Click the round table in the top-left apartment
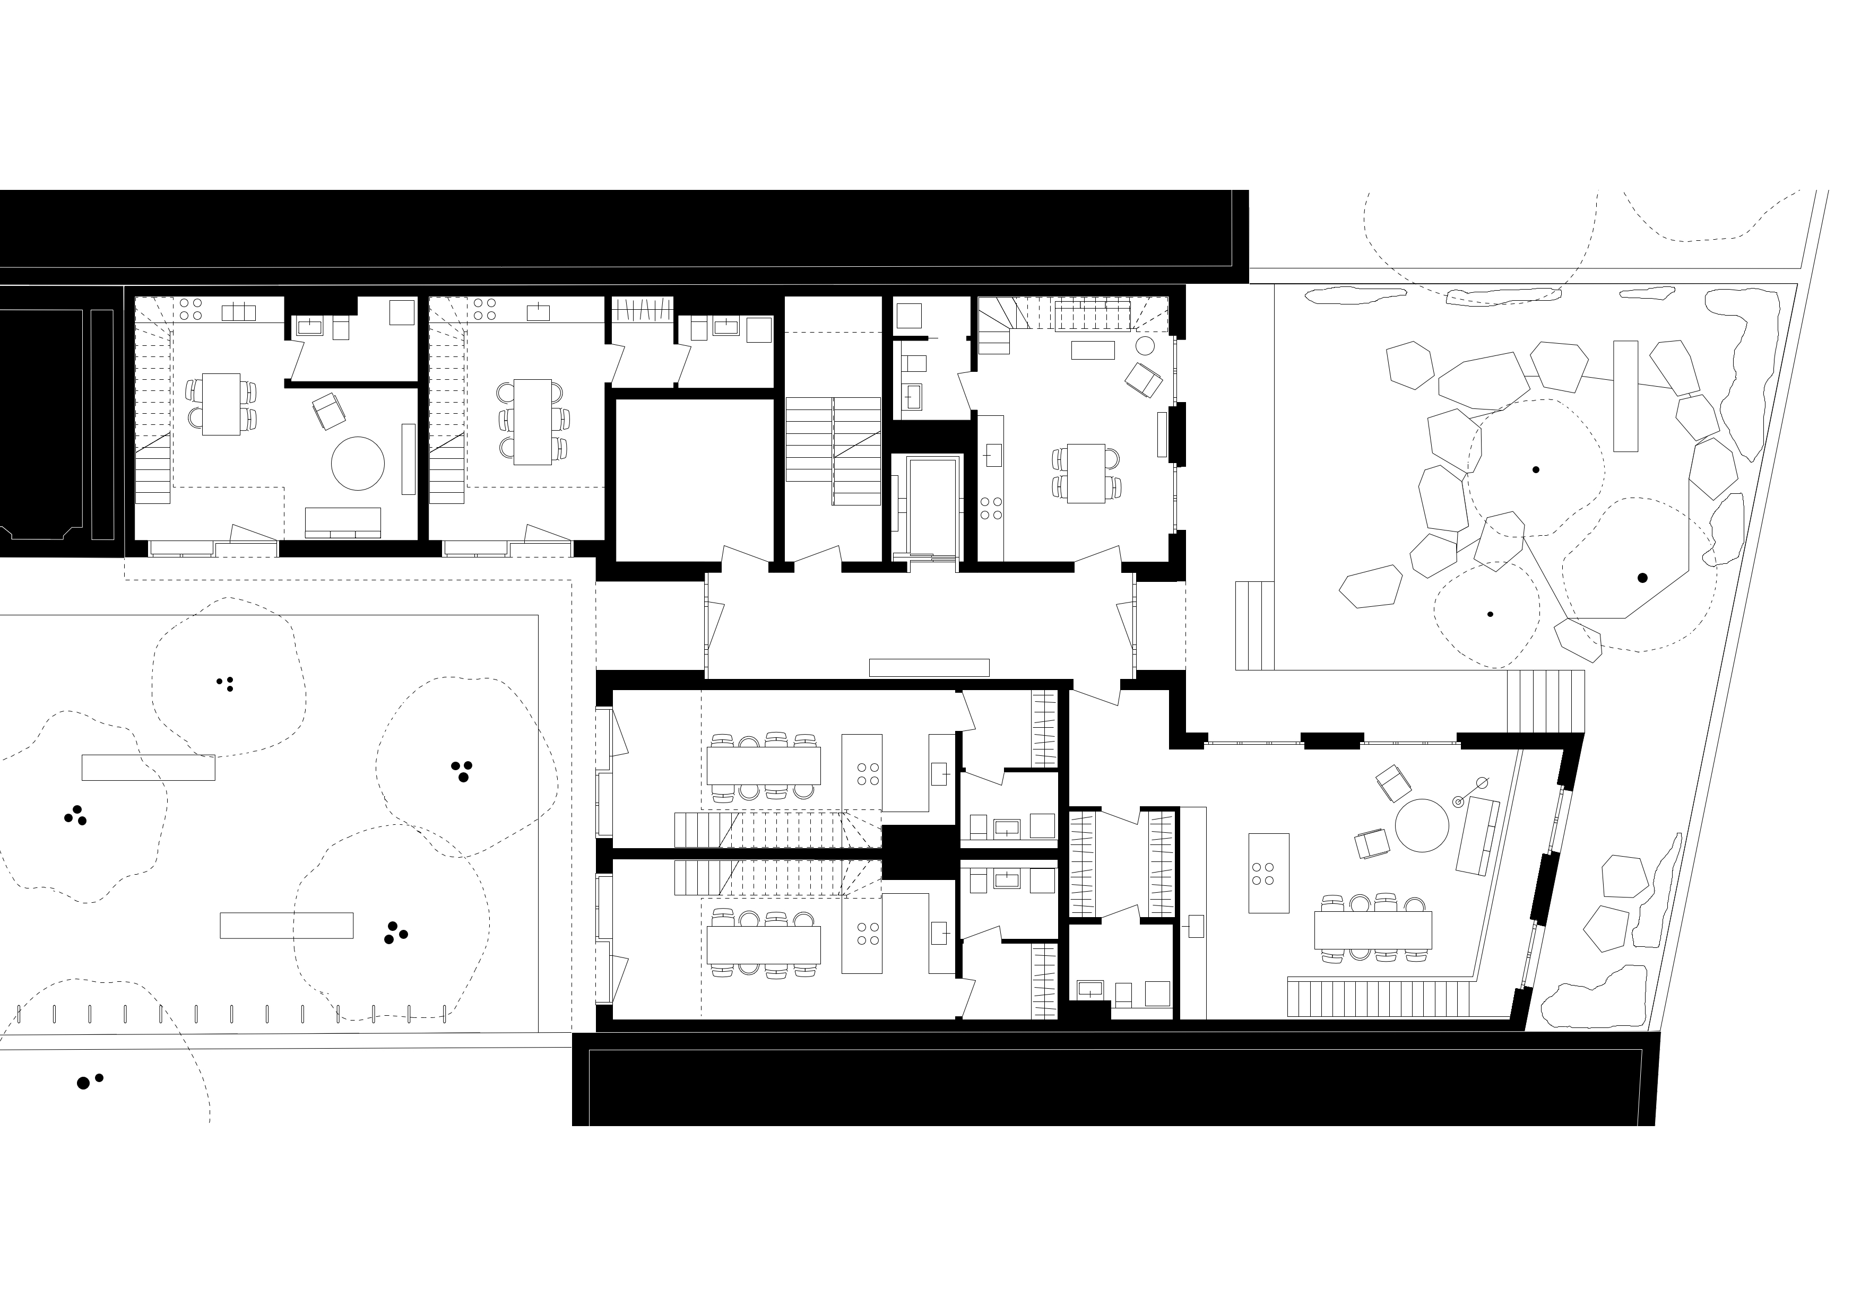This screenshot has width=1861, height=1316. (x=358, y=464)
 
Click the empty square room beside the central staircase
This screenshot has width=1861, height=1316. (x=694, y=479)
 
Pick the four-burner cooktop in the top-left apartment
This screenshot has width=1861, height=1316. (x=191, y=309)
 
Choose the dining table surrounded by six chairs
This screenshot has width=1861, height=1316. (x=533, y=421)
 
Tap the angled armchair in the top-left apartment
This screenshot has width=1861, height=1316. (x=328, y=411)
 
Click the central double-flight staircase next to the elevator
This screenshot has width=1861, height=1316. (x=833, y=451)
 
